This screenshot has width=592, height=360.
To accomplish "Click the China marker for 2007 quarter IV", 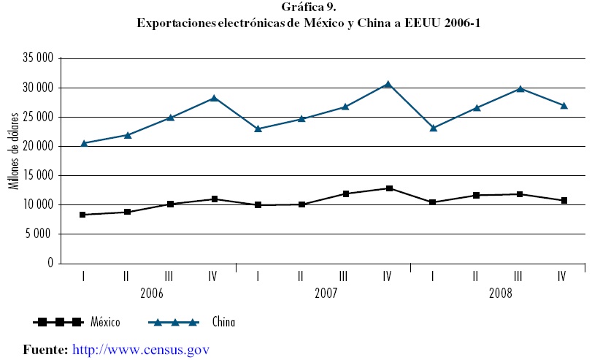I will coord(388,84).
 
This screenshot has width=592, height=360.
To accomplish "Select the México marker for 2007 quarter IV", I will coord(389,188).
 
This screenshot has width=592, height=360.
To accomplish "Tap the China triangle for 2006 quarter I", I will coord(83,143).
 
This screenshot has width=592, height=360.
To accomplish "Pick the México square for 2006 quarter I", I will coord(83,215).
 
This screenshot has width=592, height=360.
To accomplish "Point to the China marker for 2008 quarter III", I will coord(519,88).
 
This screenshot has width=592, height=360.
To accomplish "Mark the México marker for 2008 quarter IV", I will coord(562,200).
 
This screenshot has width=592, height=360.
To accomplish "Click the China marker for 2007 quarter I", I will coord(258,129).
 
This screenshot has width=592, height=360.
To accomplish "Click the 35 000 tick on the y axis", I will coord(36,58).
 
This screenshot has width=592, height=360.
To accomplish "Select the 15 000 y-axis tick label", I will coord(36,175).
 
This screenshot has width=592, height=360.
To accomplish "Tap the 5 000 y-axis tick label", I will coord(39,234).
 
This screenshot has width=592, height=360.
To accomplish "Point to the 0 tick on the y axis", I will coord(50,263).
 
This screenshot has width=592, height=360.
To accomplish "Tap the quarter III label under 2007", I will coord(345,276).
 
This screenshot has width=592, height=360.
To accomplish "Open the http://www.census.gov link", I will coord(141,349).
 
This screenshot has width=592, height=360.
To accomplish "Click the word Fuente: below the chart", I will coord(46,349).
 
